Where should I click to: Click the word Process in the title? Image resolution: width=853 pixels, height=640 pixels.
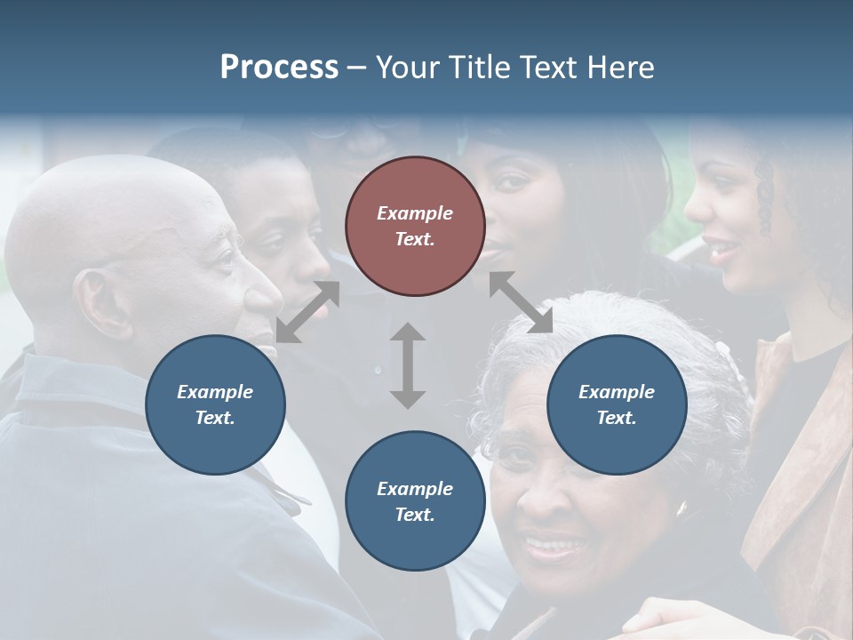click(279, 68)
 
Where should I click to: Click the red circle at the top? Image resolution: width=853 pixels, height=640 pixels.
click(415, 226)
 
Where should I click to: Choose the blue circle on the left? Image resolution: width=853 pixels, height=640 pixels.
click(215, 404)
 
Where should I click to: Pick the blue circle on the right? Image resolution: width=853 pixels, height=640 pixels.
click(617, 404)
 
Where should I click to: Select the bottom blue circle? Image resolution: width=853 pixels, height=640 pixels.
click(415, 501)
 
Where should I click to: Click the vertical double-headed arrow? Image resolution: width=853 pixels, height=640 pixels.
click(408, 365)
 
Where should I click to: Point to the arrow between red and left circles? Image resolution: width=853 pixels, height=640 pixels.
click(307, 311)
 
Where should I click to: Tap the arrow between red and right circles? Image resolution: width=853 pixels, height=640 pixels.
click(521, 302)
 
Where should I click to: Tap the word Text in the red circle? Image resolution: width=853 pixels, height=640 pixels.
click(415, 239)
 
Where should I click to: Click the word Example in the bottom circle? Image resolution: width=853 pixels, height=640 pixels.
click(415, 488)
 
